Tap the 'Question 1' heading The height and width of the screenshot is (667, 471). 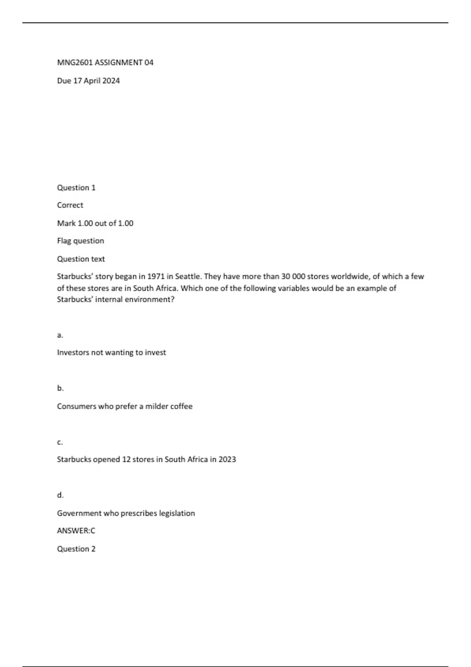click(x=76, y=188)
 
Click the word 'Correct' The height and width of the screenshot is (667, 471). click(x=70, y=205)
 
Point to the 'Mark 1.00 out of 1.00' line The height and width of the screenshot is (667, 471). click(x=95, y=223)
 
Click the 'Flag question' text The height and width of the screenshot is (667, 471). click(x=80, y=241)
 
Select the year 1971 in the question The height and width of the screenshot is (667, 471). click(x=155, y=276)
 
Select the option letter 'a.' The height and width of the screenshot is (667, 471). click(x=60, y=335)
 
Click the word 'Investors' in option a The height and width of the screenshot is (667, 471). click(x=73, y=352)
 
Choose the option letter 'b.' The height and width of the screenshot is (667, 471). click(x=60, y=388)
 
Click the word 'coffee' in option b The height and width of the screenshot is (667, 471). click(x=181, y=406)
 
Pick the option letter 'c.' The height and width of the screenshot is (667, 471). click(x=60, y=442)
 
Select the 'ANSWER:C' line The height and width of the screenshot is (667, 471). click(x=76, y=531)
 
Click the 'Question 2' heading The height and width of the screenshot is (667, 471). click(x=76, y=549)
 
